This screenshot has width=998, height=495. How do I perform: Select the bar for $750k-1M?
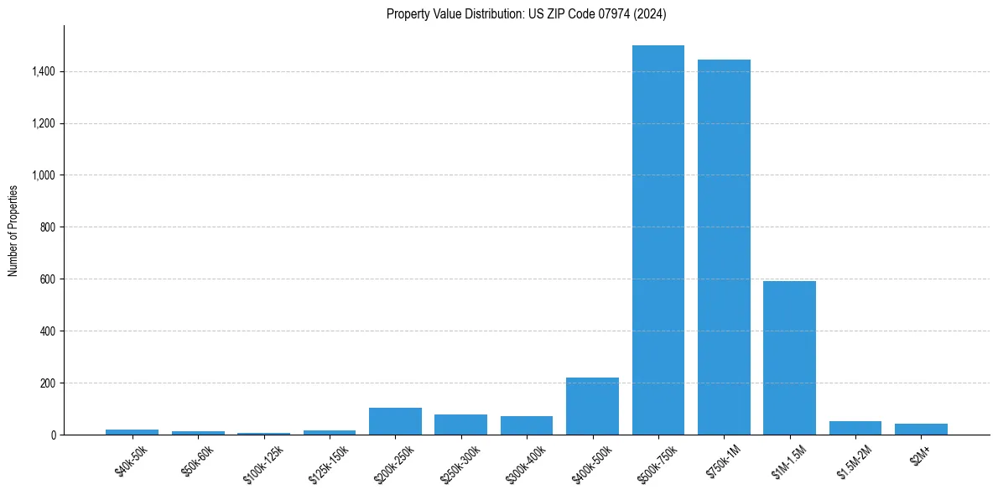tap(724, 247)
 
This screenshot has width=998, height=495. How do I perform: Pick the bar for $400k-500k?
tap(592, 406)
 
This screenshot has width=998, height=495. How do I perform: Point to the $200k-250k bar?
tap(395, 421)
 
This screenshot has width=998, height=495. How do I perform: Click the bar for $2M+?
tap(921, 430)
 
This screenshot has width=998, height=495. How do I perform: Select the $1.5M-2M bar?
tap(855, 428)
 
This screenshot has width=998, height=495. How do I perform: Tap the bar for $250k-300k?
tap(460, 425)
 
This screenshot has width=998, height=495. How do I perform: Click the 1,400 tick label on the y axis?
tap(44, 72)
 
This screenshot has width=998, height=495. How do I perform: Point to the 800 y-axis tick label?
tap(48, 227)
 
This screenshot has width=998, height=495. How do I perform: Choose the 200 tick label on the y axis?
tap(48, 383)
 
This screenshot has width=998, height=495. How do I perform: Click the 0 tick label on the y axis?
tap(53, 435)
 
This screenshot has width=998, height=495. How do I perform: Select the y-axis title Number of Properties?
tap(13, 230)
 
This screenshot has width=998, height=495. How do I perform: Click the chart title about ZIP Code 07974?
tap(527, 13)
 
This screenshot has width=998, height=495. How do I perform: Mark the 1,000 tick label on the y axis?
tap(44, 175)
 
